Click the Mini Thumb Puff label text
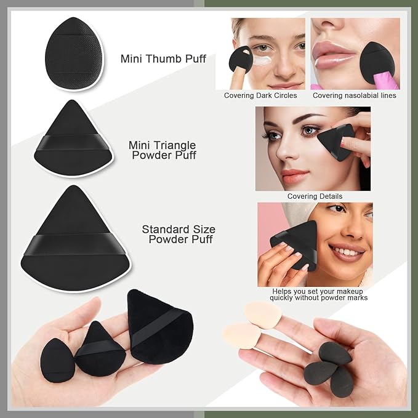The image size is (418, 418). point(163,59)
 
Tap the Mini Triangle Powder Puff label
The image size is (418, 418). point(163,150)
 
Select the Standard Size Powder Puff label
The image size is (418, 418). point(179,234)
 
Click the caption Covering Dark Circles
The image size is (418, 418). point(260,95)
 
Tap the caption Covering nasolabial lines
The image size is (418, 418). point(354,95)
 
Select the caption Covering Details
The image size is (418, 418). point(315,196)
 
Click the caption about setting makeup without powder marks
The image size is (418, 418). point(318,294)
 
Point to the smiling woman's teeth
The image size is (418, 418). point(348,251)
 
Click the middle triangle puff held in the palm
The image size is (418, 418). point(99,348)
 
